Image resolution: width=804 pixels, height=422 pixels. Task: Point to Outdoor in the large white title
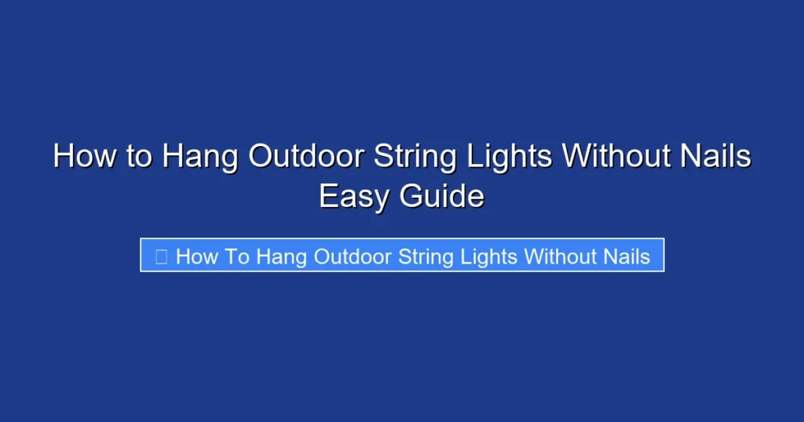pos(306,156)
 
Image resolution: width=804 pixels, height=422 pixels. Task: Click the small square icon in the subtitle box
pos(161,256)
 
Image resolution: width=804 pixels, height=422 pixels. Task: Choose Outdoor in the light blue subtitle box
pos(353,256)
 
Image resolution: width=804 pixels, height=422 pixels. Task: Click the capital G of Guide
pos(412,196)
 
